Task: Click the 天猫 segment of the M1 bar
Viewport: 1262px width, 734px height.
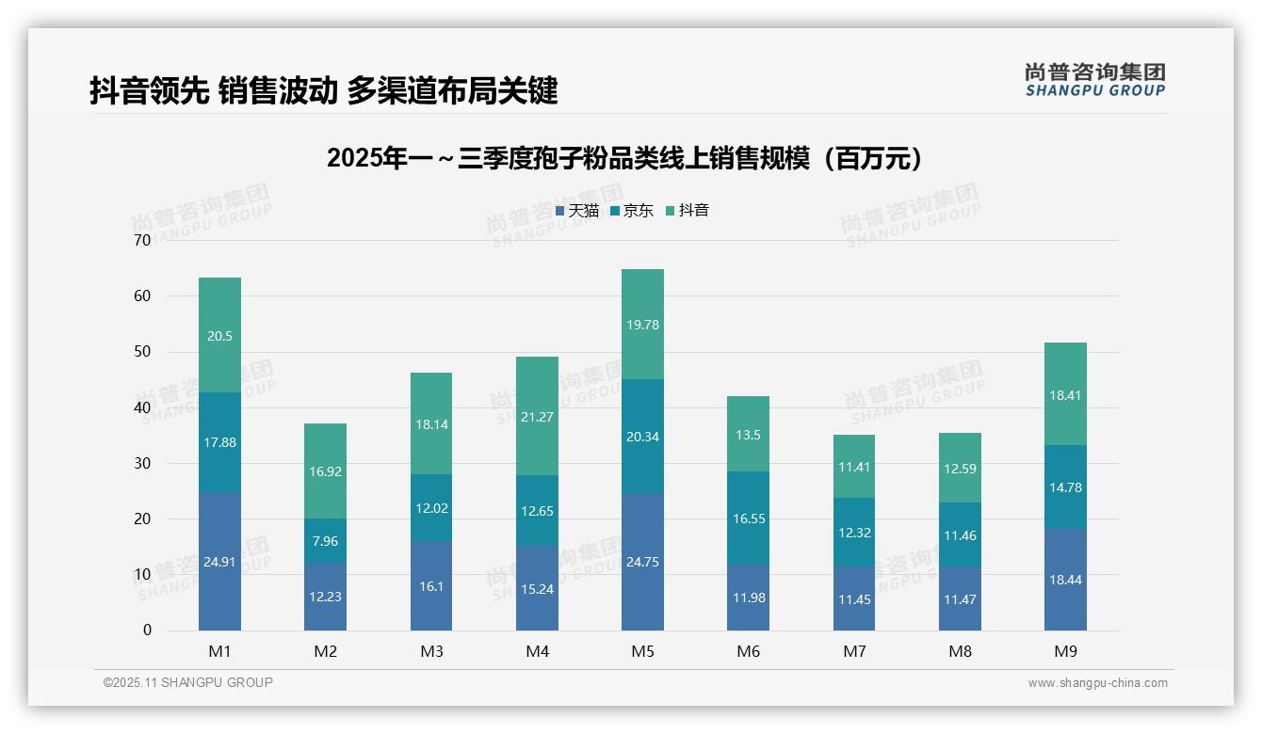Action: (x=219, y=561)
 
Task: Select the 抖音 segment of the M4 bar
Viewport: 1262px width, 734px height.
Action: (x=537, y=416)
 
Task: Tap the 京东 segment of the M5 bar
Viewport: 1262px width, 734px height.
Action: (x=642, y=436)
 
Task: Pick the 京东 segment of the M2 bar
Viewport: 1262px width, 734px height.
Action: (x=325, y=540)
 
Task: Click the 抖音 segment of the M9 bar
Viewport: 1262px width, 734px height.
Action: (x=1065, y=394)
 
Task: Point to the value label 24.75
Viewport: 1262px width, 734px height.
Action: (x=642, y=562)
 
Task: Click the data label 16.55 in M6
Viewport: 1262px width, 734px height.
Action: (x=748, y=518)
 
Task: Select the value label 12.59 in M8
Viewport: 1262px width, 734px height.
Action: (x=960, y=468)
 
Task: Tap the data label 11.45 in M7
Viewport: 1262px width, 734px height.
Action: (x=854, y=598)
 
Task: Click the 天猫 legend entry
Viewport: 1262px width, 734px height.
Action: (x=577, y=211)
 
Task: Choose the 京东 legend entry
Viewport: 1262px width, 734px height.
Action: (x=632, y=211)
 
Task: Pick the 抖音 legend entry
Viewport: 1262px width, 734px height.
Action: (x=688, y=211)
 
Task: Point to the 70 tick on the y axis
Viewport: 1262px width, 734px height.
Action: (x=142, y=241)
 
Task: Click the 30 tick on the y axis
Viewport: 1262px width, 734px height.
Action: (x=142, y=463)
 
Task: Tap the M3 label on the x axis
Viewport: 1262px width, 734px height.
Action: (x=431, y=651)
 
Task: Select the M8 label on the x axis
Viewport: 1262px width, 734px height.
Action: (x=960, y=651)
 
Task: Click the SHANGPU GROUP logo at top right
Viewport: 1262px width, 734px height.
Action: (x=1094, y=80)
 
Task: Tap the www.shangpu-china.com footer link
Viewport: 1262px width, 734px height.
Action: (x=1097, y=683)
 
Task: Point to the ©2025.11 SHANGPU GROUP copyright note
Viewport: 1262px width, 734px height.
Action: (x=188, y=683)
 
